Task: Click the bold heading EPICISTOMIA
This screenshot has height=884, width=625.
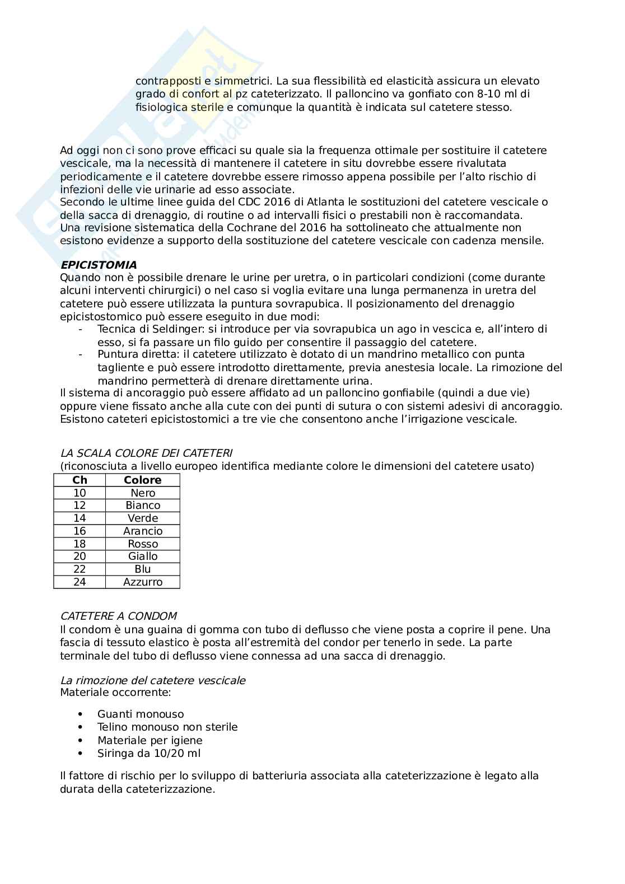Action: (x=98, y=265)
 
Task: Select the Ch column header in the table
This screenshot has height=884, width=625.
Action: (x=80, y=480)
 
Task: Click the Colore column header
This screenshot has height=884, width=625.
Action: (x=142, y=480)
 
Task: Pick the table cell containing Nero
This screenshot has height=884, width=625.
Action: (x=142, y=493)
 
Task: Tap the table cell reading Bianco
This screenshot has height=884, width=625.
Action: (x=142, y=506)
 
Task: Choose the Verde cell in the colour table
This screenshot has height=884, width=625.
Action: (x=142, y=518)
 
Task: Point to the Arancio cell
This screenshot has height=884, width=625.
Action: (x=142, y=531)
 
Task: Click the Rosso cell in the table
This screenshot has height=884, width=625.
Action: (x=142, y=544)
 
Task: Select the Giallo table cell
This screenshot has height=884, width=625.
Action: (x=142, y=556)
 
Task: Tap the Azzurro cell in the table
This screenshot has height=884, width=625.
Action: (x=142, y=582)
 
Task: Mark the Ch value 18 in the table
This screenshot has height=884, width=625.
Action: (x=80, y=544)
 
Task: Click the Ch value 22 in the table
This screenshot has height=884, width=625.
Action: (x=80, y=569)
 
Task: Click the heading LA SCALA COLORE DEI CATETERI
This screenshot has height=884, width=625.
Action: (x=146, y=453)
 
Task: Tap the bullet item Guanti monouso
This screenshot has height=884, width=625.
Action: (x=141, y=714)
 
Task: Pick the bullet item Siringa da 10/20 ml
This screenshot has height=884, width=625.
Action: (x=148, y=753)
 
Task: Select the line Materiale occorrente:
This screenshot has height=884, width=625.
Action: (x=115, y=693)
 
